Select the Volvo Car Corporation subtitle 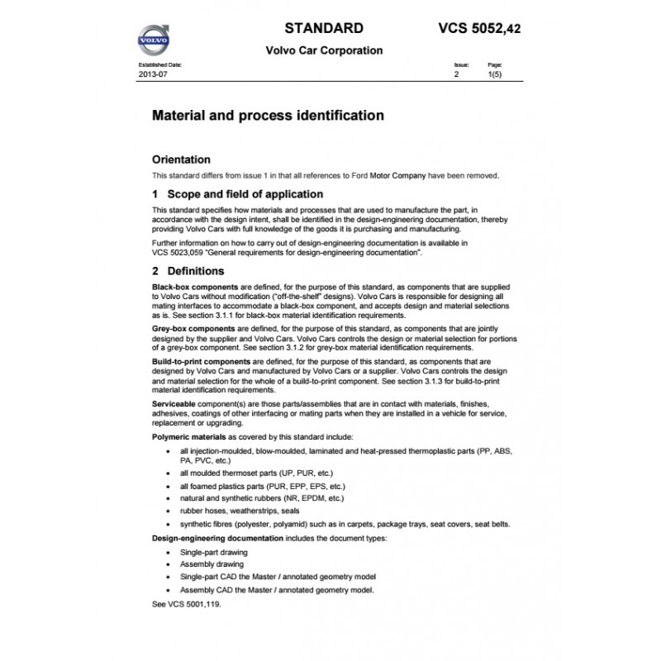click(x=324, y=50)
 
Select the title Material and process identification click(x=269, y=116)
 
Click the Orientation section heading click(x=182, y=159)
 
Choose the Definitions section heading click(x=195, y=270)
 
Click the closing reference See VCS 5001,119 click(x=188, y=604)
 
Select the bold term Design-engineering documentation click(x=217, y=537)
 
